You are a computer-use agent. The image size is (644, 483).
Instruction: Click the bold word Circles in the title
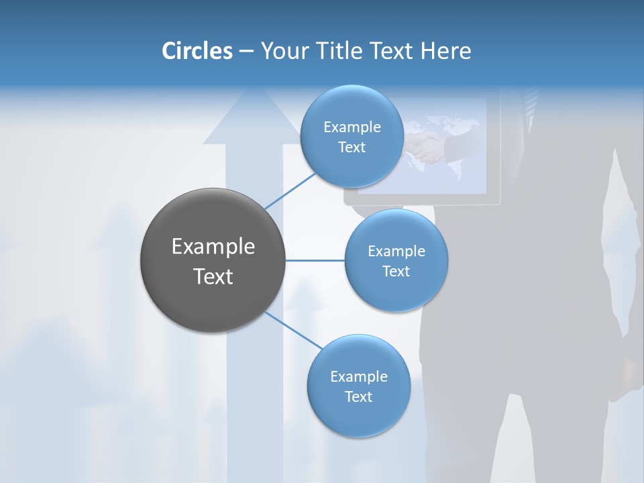pyautogui.click(x=197, y=51)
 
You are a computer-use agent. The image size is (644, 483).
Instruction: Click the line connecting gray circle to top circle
pyautogui.click(x=291, y=191)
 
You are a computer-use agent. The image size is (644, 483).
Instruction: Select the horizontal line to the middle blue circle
pyautogui.click(x=315, y=260)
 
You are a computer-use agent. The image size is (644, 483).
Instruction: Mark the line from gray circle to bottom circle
pyautogui.click(x=294, y=330)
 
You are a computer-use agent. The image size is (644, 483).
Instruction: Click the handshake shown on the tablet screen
pyautogui.click(x=427, y=147)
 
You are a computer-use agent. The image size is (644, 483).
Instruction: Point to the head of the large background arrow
pyautogui.click(x=252, y=117)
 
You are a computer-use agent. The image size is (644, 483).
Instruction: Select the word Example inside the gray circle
pyautogui.click(x=213, y=247)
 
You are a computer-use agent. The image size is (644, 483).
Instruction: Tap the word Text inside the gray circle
pyautogui.click(x=213, y=276)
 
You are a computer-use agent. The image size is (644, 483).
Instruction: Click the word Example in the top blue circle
pyautogui.click(x=352, y=127)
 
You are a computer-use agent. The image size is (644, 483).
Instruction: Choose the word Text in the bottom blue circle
pyautogui.click(x=358, y=396)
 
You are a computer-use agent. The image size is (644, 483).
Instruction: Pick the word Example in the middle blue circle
pyautogui.click(x=396, y=252)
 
